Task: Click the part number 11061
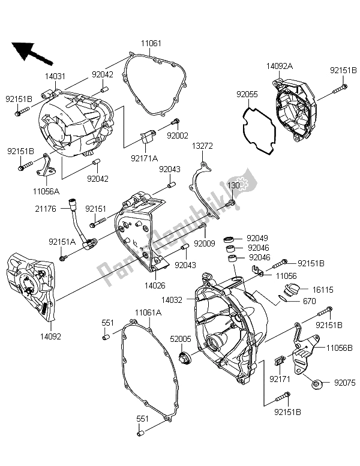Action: click(x=151, y=44)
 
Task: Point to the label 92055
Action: click(x=247, y=94)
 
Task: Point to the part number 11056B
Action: click(x=339, y=347)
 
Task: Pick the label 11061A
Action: click(x=147, y=312)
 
